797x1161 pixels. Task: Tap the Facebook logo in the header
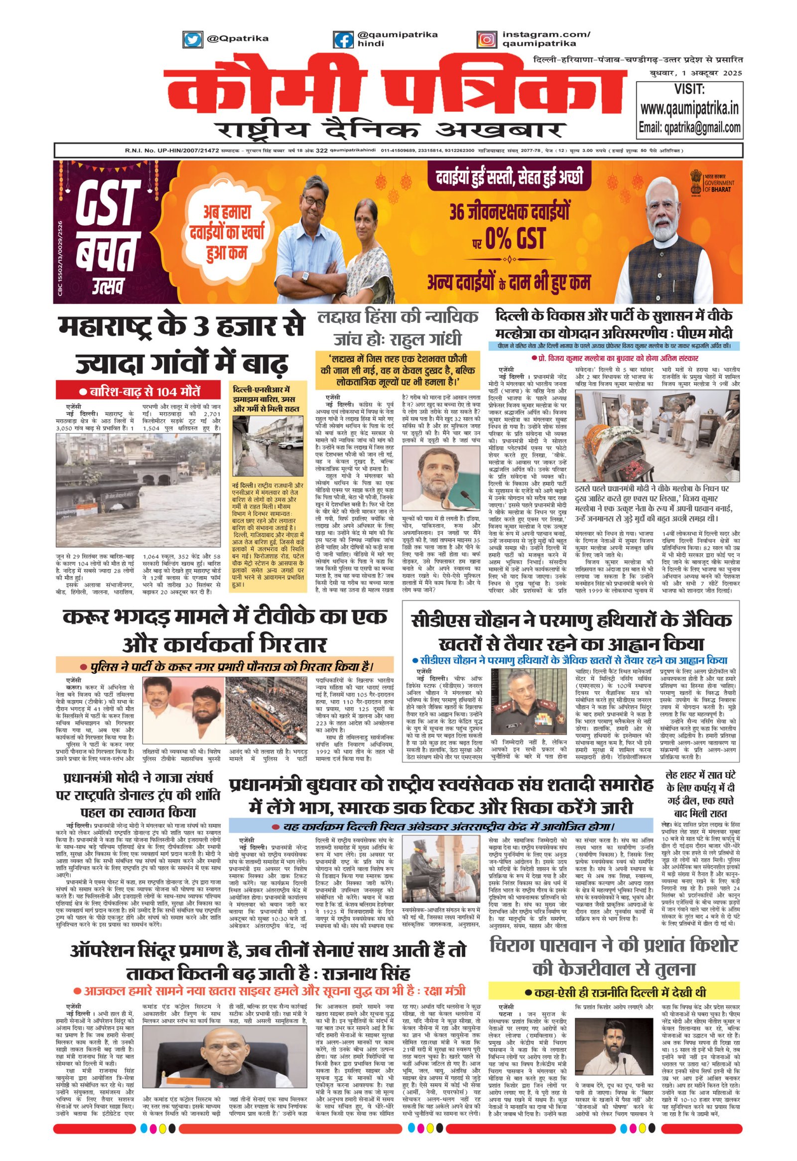click(x=343, y=39)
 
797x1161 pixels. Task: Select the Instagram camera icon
click(x=486, y=39)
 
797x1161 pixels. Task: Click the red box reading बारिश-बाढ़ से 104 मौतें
click(x=131, y=391)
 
